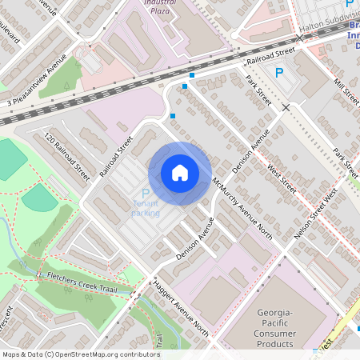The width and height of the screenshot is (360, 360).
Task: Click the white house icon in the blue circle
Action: click(180, 173)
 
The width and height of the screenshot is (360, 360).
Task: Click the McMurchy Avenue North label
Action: click(242, 208)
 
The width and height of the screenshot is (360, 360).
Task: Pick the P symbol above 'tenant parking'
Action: click(145, 194)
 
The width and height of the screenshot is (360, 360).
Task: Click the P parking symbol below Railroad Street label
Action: click(279, 73)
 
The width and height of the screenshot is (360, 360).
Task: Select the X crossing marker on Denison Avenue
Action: click(285, 106)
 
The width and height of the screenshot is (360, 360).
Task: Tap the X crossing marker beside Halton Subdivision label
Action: click(300, 38)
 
